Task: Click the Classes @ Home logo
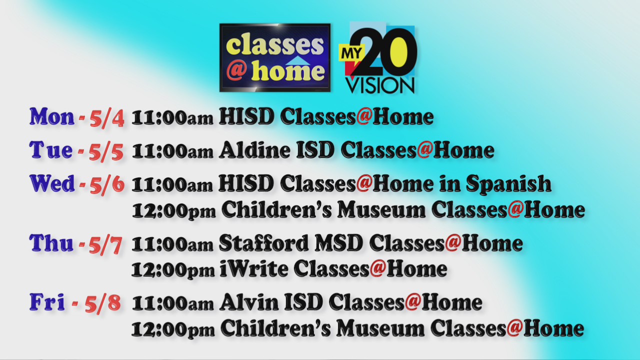pos(274,57)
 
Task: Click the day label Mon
pos(52,116)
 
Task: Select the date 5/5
pos(106,151)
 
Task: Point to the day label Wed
pos(52,183)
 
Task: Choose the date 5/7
pos(105,245)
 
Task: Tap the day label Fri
pos(47,302)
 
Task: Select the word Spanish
pos(508,184)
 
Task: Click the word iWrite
pos(253,269)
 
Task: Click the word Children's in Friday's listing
pos(275,328)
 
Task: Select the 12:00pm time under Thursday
pos(173,270)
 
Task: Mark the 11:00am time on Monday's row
pos(173,118)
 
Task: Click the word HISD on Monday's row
pos(246,117)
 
